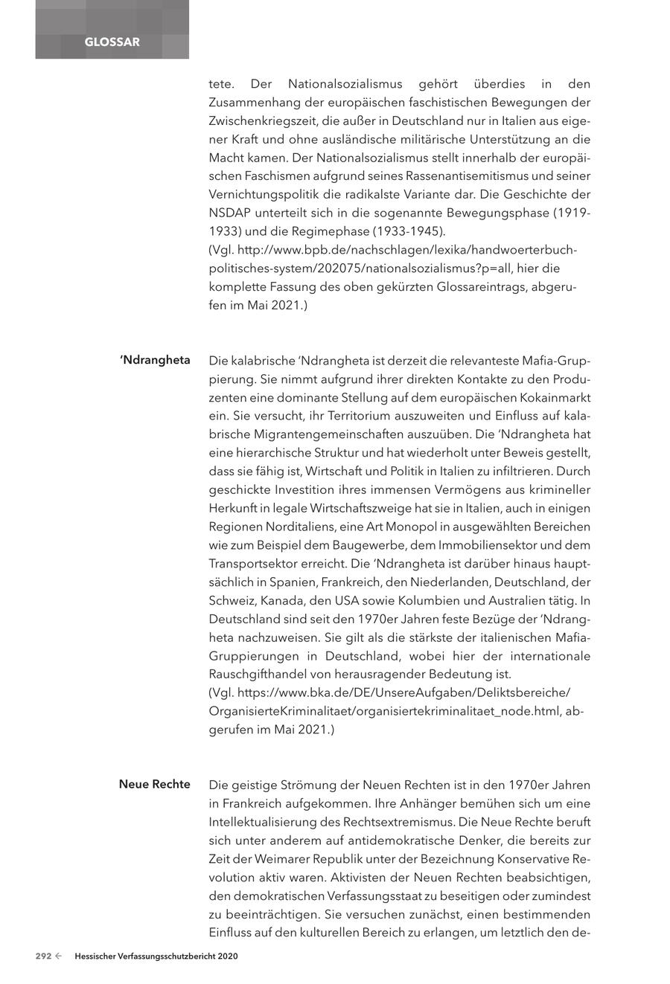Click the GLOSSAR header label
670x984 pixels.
[112, 42]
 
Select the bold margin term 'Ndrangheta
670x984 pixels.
[155, 361]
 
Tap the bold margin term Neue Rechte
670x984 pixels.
[154, 784]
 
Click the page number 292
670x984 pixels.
[43, 956]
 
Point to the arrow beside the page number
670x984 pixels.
[59, 956]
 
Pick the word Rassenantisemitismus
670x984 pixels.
[468, 176]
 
